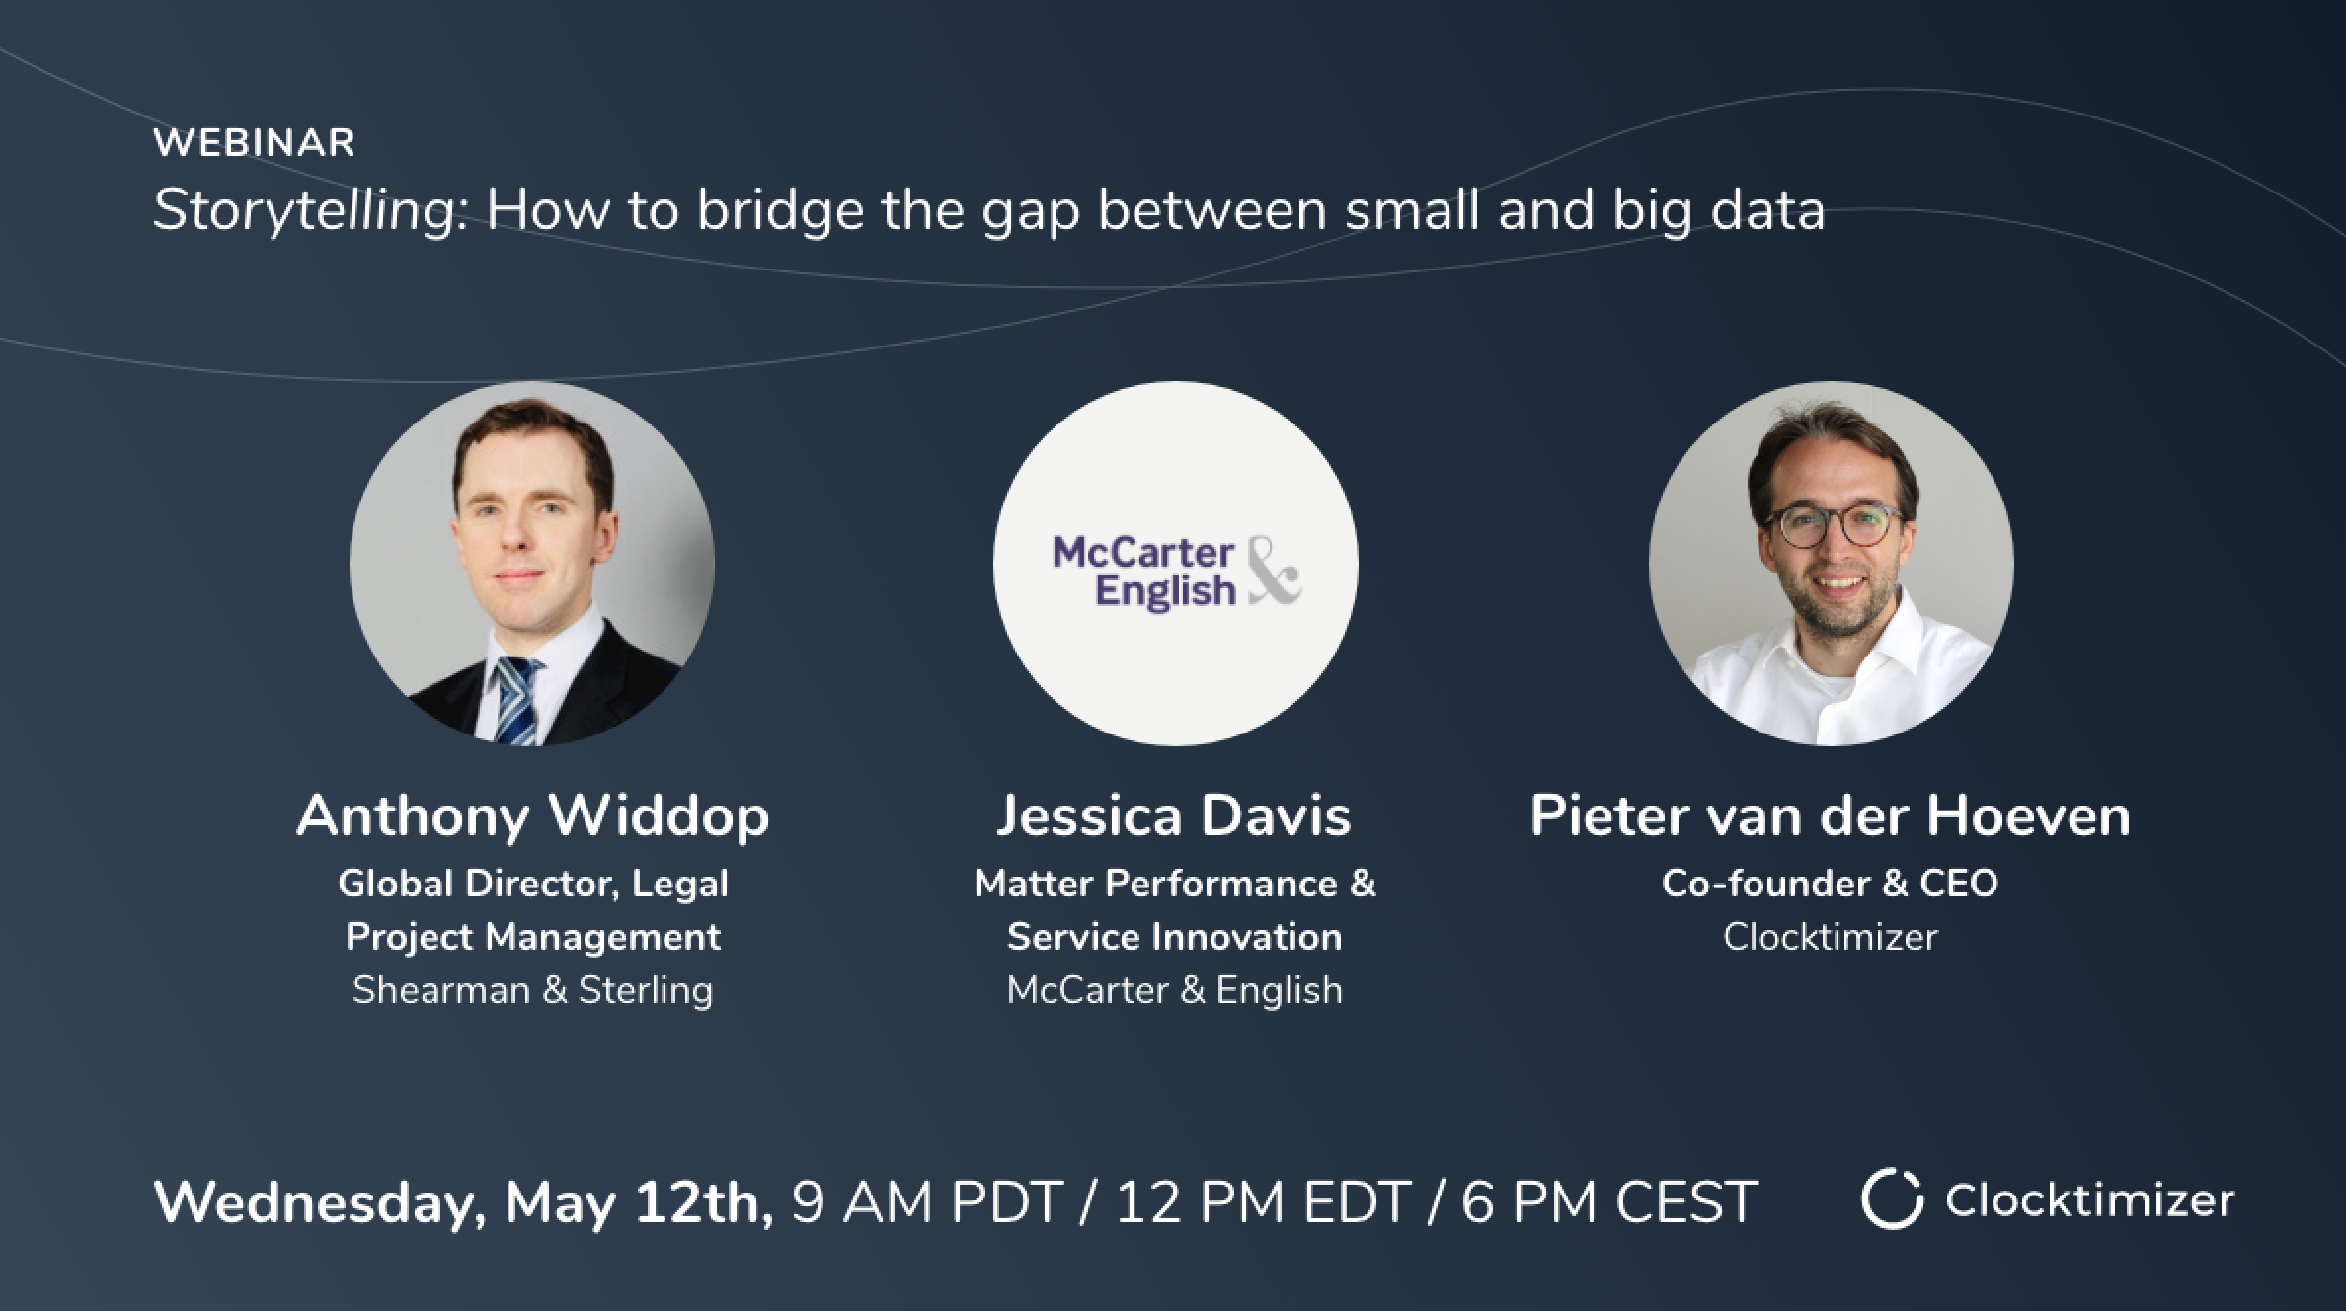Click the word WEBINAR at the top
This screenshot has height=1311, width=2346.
click(254, 143)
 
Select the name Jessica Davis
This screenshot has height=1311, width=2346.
click(1174, 816)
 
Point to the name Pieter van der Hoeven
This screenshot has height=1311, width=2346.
click(1830, 816)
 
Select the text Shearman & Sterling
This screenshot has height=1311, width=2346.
click(533, 990)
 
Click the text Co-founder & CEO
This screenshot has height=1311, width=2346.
click(1830, 884)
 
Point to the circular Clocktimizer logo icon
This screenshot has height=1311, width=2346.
click(1892, 1198)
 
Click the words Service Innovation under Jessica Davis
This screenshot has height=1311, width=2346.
click(1174, 937)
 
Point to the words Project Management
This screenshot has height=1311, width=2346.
click(533, 937)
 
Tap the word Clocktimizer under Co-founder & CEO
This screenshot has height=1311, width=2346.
click(1830, 937)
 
